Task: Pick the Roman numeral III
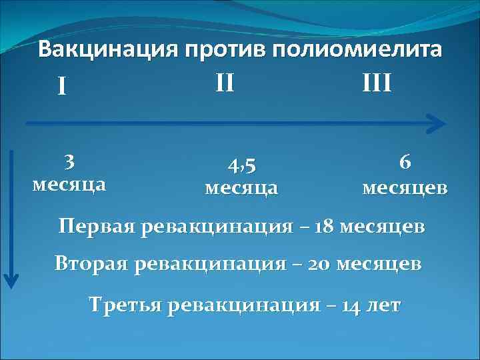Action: point(377,84)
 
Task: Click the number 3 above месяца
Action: point(69,162)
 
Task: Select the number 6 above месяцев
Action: point(404,162)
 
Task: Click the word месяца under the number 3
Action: point(69,183)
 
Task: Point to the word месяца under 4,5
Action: point(241,187)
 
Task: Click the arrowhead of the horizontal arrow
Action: point(437,123)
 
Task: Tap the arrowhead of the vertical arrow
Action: point(11,280)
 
